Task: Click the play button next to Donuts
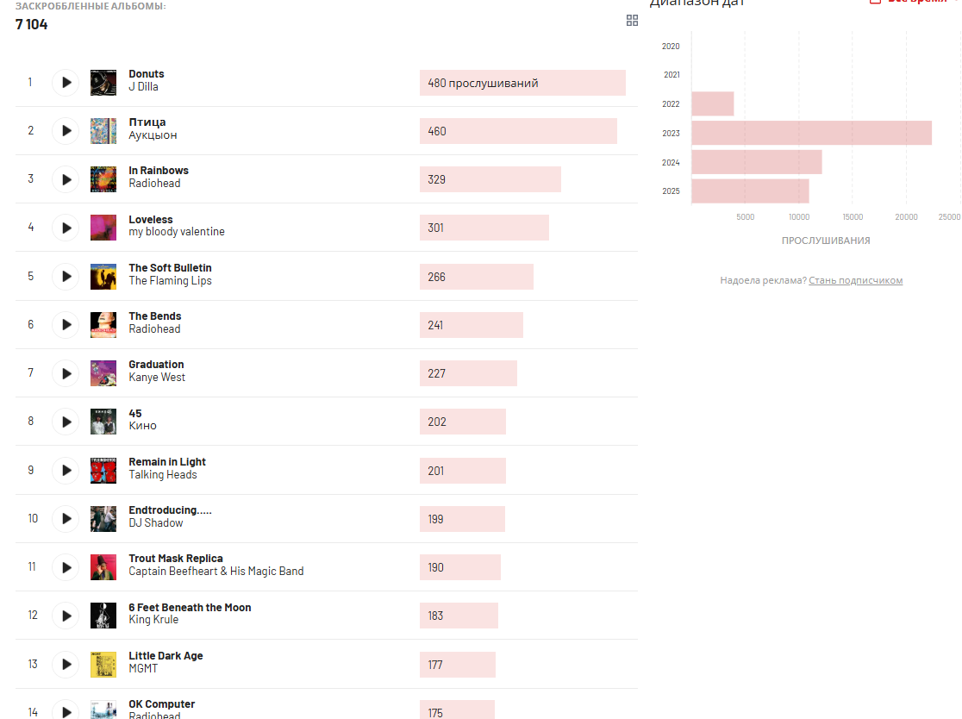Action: [66, 83]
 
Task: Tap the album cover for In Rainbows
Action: [103, 179]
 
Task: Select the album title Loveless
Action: [151, 220]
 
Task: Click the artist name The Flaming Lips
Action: [170, 281]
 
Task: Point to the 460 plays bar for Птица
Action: [518, 131]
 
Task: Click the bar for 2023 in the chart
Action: [811, 133]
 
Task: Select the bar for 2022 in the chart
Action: [713, 104]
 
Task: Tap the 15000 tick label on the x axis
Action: [853, 217]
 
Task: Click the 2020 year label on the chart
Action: [671, 47]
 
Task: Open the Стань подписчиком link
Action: [855, 281]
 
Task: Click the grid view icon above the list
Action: [632, 21]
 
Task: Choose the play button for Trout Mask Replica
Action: [66, 567]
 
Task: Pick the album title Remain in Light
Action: [167, 462]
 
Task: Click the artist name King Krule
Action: [153, 620]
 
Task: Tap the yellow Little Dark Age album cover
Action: [103, 665]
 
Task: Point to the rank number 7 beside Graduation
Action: [31, 373]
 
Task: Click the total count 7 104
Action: [32, 24]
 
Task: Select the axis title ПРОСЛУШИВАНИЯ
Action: [825, 241]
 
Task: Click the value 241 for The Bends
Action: [437, 325]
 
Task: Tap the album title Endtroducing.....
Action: [170, 510]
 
